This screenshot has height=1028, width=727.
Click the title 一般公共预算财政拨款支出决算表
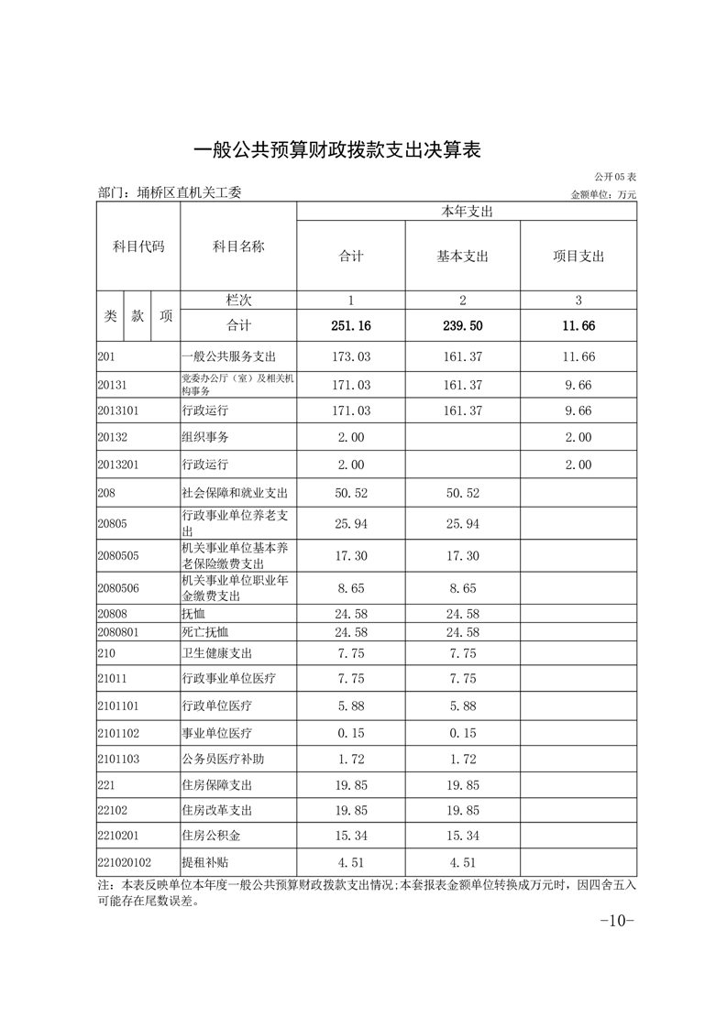338,150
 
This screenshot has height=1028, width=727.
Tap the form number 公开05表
615,176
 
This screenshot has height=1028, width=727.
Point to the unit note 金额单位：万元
603,194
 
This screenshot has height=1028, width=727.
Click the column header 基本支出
463,257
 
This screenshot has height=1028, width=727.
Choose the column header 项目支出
578,257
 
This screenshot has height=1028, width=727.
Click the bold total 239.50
463,325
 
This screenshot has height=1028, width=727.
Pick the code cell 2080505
119,555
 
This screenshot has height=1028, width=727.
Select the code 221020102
125,862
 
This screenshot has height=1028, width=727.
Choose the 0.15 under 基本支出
463,733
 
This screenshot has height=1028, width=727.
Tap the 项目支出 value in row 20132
578,437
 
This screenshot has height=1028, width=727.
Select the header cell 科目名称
238,246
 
